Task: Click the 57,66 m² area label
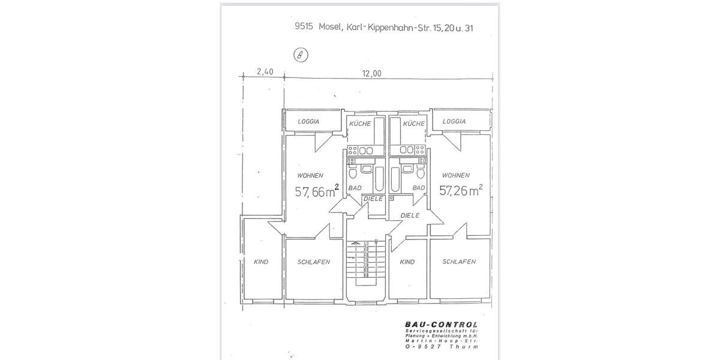(317, 192)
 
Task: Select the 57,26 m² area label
(461, 191)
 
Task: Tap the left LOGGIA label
(308, 122)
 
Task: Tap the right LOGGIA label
(454, 121)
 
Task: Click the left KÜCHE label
(360, 124)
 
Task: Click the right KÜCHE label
(414, 124)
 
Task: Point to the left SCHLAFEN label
(314, 262)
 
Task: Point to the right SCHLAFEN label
(459, 262)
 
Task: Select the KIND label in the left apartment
(261, 262)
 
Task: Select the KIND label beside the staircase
(407, 262)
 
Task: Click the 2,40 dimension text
(265, 72)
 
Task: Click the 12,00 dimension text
(371, 73)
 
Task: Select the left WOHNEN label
(311, 176)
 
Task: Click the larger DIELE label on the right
(409, 215)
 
